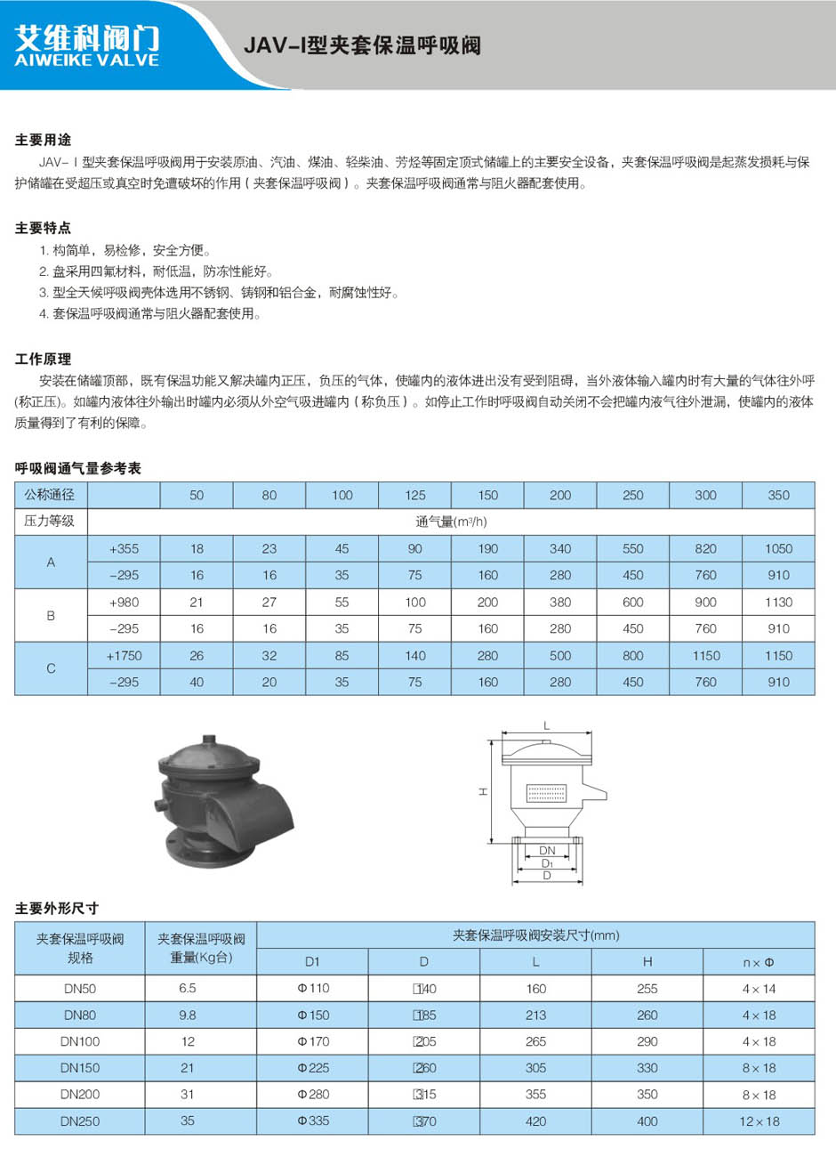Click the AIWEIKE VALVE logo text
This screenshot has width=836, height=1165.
86,61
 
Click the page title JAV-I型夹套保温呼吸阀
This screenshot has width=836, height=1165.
362,45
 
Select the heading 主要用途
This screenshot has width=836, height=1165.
43,140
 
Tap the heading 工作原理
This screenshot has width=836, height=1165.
43,359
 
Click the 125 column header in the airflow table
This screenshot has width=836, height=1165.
414,495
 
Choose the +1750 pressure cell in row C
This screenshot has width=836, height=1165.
124,656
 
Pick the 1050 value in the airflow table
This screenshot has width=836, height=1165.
778,548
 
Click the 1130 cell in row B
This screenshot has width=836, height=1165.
778,602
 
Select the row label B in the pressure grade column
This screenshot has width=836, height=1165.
51,615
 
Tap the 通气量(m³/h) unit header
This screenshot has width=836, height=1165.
451,522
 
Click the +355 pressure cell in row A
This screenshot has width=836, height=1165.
124,548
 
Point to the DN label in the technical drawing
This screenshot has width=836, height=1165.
547,851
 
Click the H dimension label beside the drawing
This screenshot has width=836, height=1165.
483,790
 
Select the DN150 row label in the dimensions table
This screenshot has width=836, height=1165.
80,1068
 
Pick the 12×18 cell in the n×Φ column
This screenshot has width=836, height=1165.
759,1121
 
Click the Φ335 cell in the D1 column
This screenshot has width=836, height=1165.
313,1121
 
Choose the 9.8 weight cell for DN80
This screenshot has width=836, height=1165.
188,1015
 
